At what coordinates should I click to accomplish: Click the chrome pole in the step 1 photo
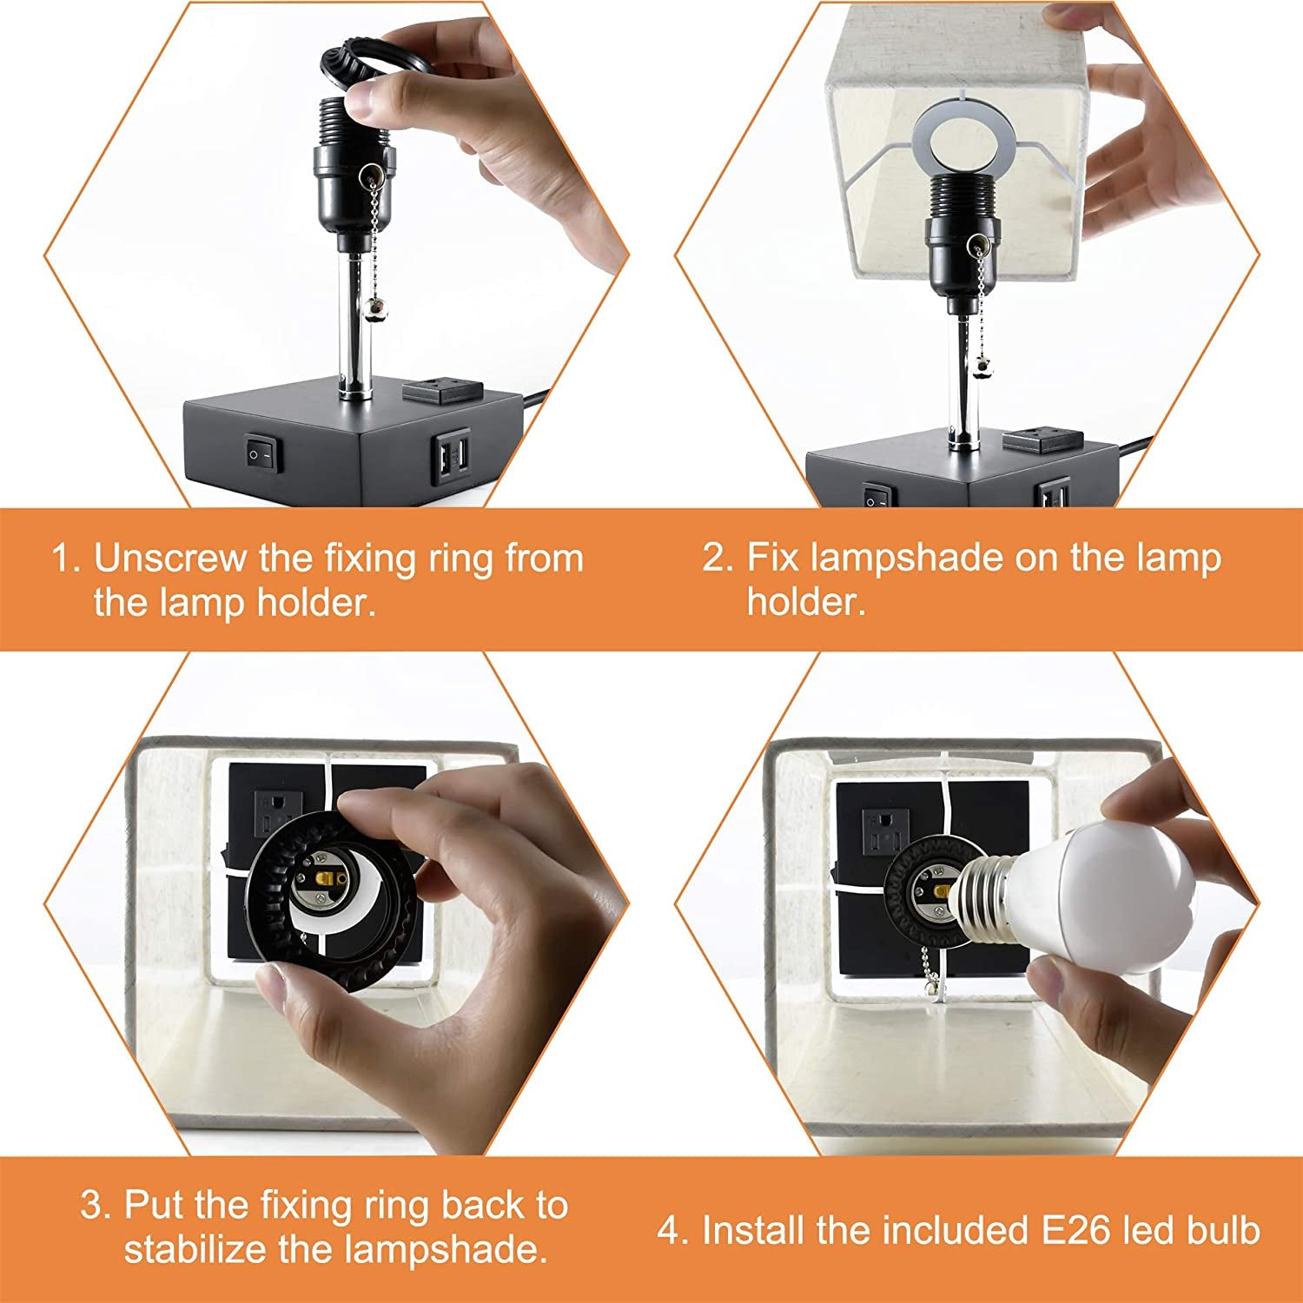click(355, 322)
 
